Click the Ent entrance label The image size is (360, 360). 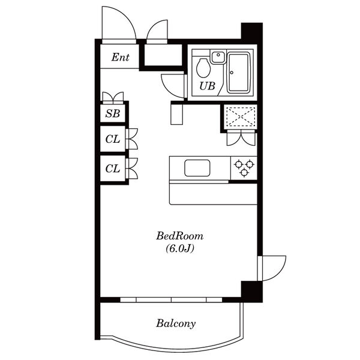[x=121, y=57]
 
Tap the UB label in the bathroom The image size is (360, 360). [x=207, y=86]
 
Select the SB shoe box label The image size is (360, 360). [x=113, y=113]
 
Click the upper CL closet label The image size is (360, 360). [x=113, y=139]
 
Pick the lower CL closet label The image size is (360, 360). [x=113, y=169]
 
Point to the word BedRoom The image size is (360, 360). [x=180, y=236]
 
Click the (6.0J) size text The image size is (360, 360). [x=180, y=248]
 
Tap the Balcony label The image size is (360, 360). [x=176, y=323]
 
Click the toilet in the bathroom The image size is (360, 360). [x=203, y=68]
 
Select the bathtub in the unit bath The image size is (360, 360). [x=238, y=73]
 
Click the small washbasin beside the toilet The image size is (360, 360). [x=218, y=57]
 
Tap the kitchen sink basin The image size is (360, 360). [x=197, y=168]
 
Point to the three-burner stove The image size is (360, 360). [x=244, y=168]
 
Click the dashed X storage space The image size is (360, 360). [x=241, y=116]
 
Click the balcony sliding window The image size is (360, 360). [x=171, y=299]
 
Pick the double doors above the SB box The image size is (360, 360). [x=113, y=98]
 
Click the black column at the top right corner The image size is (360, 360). [x=252, y=32]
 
